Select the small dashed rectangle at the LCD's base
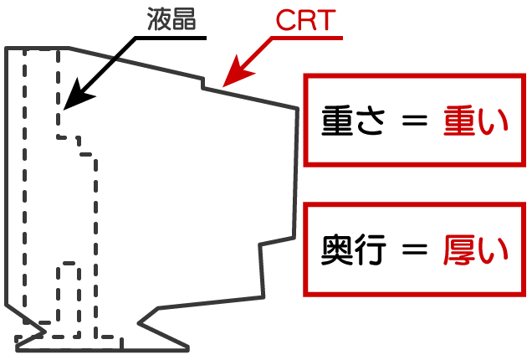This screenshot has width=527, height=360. pos(68,293)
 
